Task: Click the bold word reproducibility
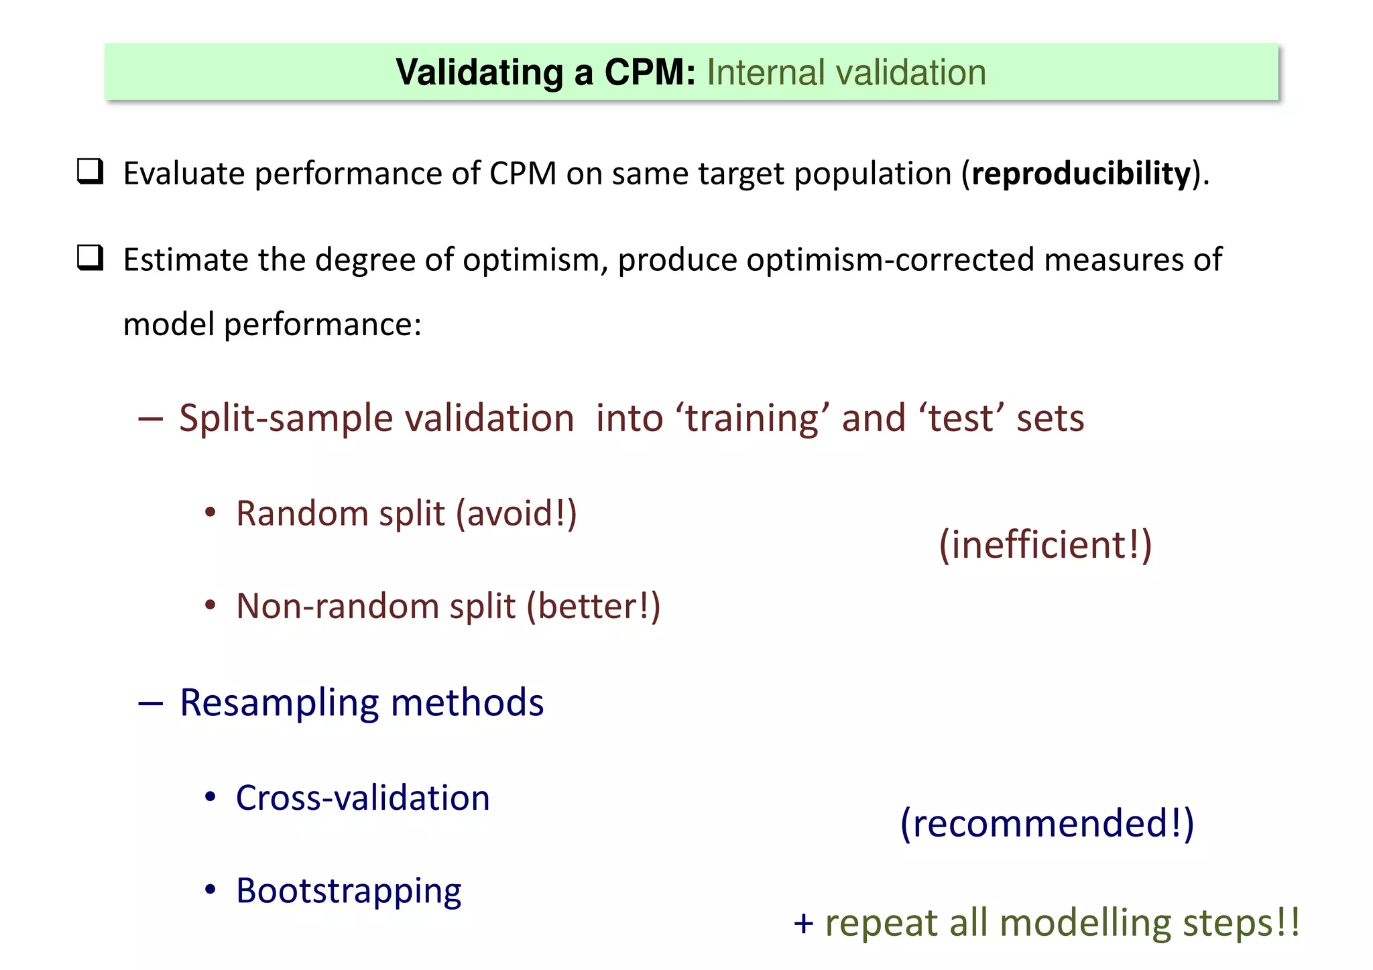[1080, 174]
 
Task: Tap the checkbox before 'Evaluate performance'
[90, 172]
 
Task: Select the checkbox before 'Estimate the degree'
[90, 257]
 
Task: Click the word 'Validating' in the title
[479, 72]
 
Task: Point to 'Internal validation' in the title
[846, 72]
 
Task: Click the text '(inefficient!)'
[1044, 544]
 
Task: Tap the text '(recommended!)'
[1047, 823]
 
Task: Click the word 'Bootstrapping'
[349, 892]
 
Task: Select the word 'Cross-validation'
[363, 798]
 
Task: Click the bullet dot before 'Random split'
[211, 513]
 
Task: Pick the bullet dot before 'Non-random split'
[211, 605]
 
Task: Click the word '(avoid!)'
[516, 514]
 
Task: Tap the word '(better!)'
[593, 607]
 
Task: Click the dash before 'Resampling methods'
[150, 703]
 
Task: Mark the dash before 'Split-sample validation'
[150, 419]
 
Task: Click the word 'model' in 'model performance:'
[168, 324]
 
